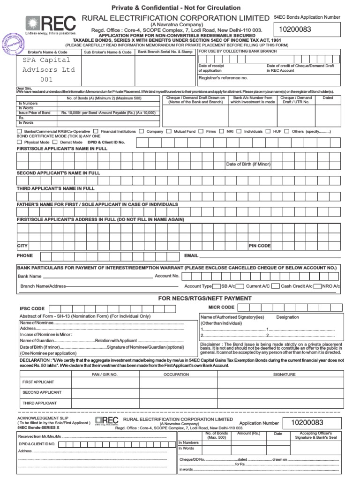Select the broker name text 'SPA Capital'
[x=46, y=60]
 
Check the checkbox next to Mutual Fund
[x=169, y=132]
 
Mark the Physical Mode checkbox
[x=19, y=142]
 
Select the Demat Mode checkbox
[x=55, y=142]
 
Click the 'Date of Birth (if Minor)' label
[x=248, y=165]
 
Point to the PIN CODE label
[x=259, y=246]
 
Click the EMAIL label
[x=191, y=256]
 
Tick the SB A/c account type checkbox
[x=217, y=286]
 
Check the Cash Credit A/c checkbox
[x=276, y=286]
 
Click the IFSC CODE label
[x=32, y=309]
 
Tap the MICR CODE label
[x=221, y=307]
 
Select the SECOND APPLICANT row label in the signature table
[x=42, y=392]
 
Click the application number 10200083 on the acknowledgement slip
[x=307, y=422]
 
